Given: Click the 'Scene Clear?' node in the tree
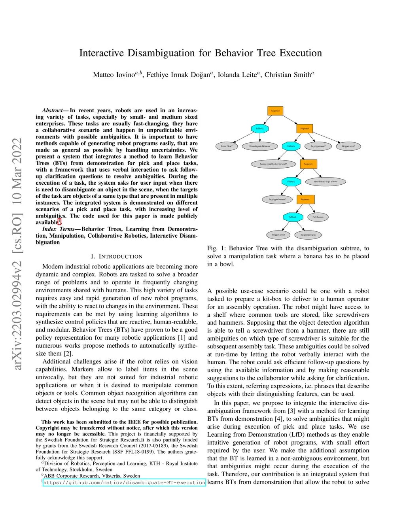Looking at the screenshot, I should tap(227, 146).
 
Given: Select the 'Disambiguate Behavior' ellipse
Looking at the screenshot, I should tap(260, 146).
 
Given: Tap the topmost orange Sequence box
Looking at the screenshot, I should tap(275, 111).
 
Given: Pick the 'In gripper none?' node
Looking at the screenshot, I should tap(318, 146).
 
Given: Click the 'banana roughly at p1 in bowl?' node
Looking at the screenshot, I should tap(273, 164).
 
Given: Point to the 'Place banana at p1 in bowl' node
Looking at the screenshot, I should tap(326, 182).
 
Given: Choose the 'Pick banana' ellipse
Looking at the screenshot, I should tap(318, 217).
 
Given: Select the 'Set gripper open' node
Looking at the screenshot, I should tap(308, 235).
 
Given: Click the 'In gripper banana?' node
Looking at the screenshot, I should tap(277, 199).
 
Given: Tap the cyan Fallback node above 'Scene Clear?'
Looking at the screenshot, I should tap(260, 129).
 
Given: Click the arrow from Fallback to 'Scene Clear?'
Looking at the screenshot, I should tap(242, 138).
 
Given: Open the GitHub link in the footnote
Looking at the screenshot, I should tap(124, 482).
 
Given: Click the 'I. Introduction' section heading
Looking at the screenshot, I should tap(116, 256).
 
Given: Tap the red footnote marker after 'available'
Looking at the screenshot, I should tap(59, 222).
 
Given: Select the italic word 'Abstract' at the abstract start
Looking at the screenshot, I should tap(53, 110).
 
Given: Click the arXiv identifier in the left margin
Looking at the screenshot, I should tap(17, 253).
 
